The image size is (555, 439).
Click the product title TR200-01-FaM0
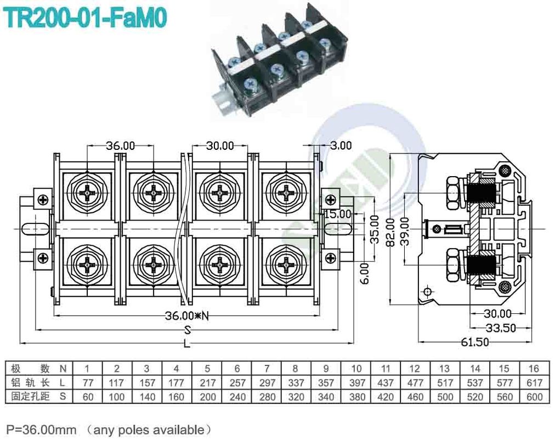85,18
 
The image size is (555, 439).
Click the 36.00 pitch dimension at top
120,145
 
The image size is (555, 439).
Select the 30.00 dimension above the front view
220,145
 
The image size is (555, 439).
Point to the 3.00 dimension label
341,145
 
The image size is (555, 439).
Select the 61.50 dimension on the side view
474,341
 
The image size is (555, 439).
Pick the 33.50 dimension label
500,328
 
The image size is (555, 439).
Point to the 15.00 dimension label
337,213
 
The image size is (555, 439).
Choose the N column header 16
534,368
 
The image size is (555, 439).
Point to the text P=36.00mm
41,429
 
